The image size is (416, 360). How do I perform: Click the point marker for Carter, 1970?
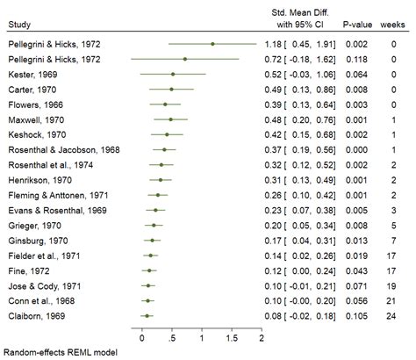(171, 89)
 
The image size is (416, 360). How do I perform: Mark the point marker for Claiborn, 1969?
(147, 314)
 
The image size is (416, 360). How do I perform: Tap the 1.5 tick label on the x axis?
(231, 337)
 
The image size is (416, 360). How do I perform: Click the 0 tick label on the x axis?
(142, 337)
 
